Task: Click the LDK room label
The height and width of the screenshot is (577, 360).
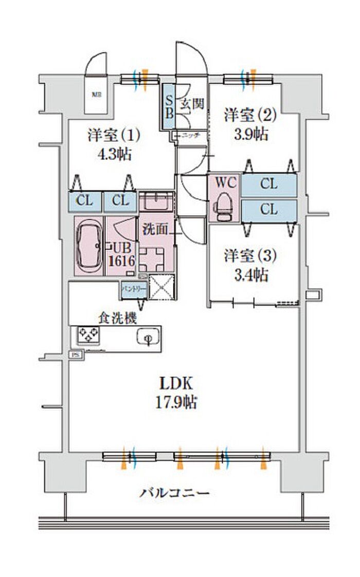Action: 175,383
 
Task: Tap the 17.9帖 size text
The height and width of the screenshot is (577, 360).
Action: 175,402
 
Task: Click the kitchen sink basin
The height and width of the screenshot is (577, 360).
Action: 148,338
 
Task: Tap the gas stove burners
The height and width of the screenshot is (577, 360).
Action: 88,336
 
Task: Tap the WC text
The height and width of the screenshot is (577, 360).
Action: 225,183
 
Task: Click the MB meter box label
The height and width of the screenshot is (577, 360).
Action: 96,94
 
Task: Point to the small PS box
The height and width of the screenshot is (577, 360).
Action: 75,354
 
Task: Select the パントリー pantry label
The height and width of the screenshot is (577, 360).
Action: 133,290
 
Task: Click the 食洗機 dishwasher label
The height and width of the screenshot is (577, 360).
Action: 118,318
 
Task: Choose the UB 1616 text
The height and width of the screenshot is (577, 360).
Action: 121,253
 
